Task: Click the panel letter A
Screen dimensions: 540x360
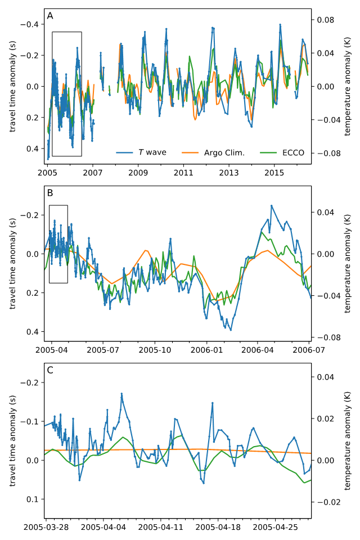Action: (x=50, y=16)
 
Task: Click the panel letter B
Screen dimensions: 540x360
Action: (x=50, y=193)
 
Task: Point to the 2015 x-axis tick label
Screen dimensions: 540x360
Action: (x=274, y=170)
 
